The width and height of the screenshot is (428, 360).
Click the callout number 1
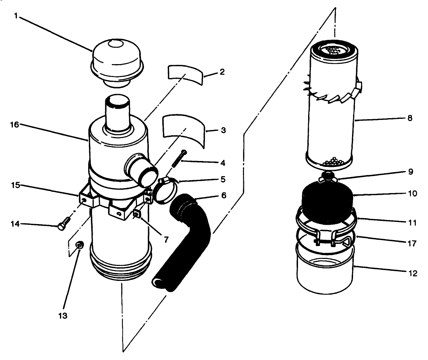[x=16, y=15]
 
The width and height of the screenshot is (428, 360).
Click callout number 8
[x=409, y=118]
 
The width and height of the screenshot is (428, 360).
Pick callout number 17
[x=412, y=243]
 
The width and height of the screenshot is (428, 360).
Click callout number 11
[x=412, y=222]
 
